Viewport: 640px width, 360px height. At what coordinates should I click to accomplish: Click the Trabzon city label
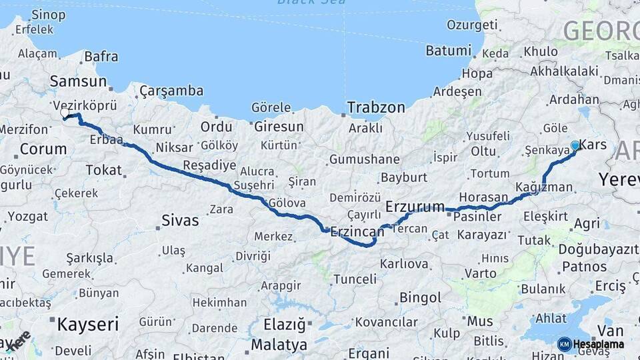(x=376, y=107)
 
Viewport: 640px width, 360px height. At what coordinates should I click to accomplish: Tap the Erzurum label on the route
(x=415, y=207)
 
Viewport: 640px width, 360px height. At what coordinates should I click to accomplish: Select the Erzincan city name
(x=357, y=231)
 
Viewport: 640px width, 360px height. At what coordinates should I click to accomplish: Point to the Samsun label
(x=78, y=81)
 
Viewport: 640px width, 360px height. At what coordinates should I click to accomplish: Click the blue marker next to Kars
(x=575, y=145)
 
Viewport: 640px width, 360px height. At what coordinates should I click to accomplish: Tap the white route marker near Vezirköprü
(x=65, y=113)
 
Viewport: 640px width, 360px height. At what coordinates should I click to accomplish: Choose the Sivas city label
(x=180, y=220)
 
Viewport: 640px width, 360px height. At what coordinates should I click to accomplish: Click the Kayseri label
(x=87, y=325)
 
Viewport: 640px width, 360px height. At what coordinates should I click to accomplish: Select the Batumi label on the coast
(x=448, y=51)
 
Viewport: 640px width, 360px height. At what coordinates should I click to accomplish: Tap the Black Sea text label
(x=311, y=2)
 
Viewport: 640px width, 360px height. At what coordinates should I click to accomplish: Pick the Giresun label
(x=277, y=127)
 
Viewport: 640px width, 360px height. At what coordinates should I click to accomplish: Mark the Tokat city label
(x=103, y=170)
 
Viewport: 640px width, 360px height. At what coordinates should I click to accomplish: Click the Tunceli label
(x=355, y=279)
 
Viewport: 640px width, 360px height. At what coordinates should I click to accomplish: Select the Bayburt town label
(x=403, y=177)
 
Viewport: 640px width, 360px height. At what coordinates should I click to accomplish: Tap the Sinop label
(x=30, y=14)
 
